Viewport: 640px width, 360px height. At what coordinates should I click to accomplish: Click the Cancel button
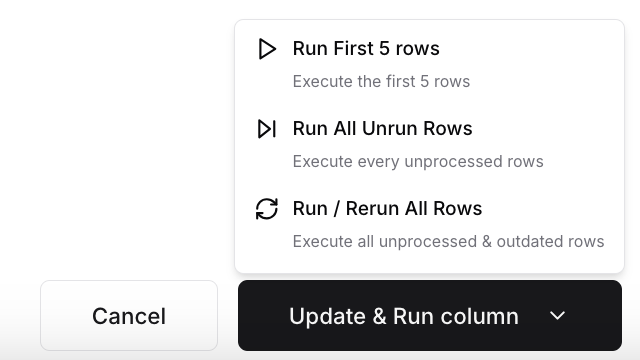pos(129,316)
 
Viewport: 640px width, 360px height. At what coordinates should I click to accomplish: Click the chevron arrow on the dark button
pos(558,316)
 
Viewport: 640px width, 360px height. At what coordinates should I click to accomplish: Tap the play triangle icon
pos(266,49)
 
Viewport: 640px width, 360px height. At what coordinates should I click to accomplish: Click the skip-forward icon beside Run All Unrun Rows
pos(266,129)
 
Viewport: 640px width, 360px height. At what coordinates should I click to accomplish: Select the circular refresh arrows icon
pos(266,209)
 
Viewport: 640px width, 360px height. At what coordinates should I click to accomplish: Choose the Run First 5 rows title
pos(366,49)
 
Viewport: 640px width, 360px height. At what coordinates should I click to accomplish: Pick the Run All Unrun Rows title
pos(382,129)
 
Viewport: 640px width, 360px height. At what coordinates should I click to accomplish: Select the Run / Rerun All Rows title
pos(387,209)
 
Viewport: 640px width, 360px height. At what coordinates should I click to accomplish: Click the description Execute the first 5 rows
pos(381,82)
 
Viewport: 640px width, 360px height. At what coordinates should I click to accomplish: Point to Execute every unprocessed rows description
pos(418,162)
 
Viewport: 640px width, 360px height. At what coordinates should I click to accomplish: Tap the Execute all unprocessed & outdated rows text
pos(448,242)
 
